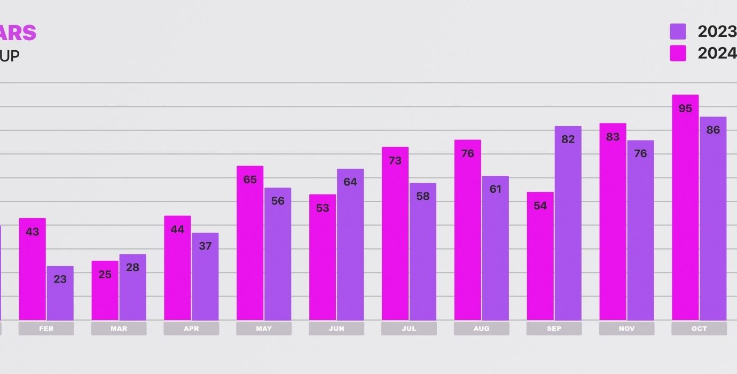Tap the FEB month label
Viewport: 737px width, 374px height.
(x=46, y=329)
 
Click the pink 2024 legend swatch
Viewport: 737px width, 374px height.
(x=678, y=53)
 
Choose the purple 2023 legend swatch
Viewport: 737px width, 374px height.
(x=678, y=32)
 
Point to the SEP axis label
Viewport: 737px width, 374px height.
(x=554, y=329)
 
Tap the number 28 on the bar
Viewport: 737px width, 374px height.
(x=132, y=267)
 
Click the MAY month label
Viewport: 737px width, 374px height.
(x=264, y=329)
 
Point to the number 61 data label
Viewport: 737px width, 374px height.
(x=495, y=189)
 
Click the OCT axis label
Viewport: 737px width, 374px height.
(x=699, y=329)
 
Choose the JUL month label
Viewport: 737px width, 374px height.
(x=409, y=329)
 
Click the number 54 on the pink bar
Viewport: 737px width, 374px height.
(x=540, y=206)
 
